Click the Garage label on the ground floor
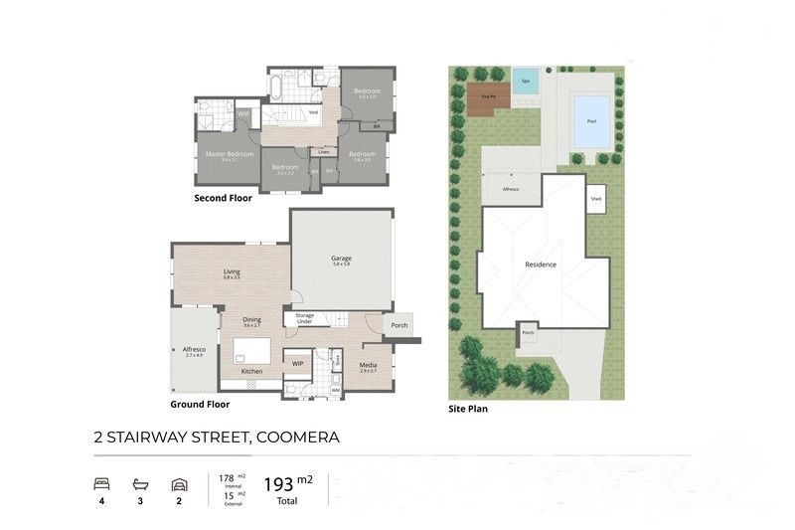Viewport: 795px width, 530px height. click(342, 260)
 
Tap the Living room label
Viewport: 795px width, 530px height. click(232, 271)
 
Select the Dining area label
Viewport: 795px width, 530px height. click(251, 319)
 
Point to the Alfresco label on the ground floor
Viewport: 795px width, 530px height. click(193, 350)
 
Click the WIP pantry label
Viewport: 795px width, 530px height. click(297, 364)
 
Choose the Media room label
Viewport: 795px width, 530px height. click(368, 366)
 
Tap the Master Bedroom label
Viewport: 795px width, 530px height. click(230, 154)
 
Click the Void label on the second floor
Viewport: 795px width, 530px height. click(314, 112)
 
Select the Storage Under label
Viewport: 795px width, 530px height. click(304, 318)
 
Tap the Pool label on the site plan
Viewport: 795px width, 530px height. click(592, 121)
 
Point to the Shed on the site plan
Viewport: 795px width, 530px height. click(595, 198)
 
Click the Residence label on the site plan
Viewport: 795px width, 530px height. click(541, 265)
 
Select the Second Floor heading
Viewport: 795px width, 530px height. click(223, 198)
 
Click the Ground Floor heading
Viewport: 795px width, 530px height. click(200, 405)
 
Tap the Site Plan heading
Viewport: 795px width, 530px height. click(467, 408)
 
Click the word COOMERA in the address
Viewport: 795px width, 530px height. click(298, 438)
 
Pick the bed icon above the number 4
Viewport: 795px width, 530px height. click(101, 484)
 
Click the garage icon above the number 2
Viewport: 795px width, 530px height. click(179, 484)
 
